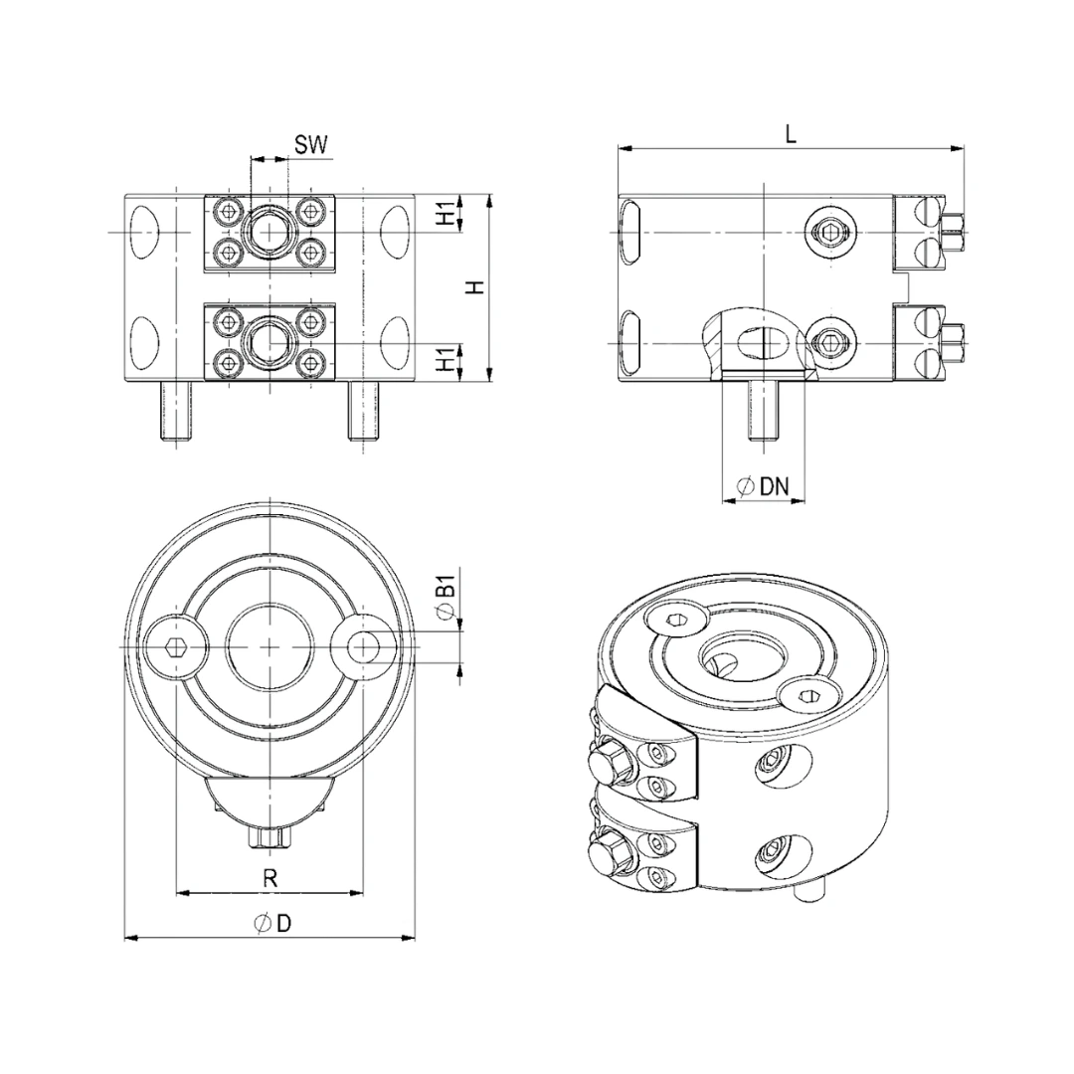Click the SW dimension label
(310, 145)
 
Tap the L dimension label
(791, 135)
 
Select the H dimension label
(475, 286)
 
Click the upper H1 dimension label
(447, 213)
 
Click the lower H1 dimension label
(447, 360)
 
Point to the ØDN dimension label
(763, 486)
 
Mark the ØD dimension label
(271, 924)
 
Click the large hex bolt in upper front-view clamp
(268, 233)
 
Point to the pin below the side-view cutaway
(761, 412)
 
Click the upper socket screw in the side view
(829, 233)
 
